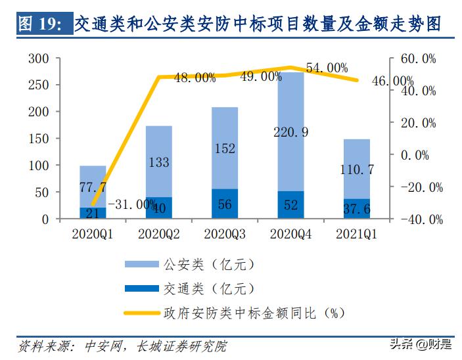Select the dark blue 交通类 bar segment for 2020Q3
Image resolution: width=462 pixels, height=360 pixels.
tap(225, 204)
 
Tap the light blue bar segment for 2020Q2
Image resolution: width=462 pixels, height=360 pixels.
tap(158, 161)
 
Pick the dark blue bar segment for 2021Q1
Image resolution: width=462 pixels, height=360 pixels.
tap(357, 208)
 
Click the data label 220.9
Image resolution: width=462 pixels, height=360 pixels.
tap(290, 132)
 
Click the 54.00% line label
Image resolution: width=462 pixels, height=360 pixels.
tap(327, 68)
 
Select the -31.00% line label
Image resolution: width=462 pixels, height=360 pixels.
tap(131, 204)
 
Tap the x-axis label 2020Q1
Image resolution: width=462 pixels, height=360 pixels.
tap(93, 233)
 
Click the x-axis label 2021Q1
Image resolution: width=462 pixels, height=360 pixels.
tap(357, 233)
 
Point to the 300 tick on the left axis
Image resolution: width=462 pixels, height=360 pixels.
tap(40, 58)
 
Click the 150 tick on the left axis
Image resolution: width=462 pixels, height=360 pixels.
tap(40, 139)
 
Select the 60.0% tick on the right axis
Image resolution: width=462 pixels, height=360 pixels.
tap(418, 58)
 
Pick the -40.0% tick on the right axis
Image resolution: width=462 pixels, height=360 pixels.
tap(418, 219)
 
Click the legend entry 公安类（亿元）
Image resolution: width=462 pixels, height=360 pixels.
tap(206, 265)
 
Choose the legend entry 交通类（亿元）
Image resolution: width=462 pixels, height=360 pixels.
tap(206, 288)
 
